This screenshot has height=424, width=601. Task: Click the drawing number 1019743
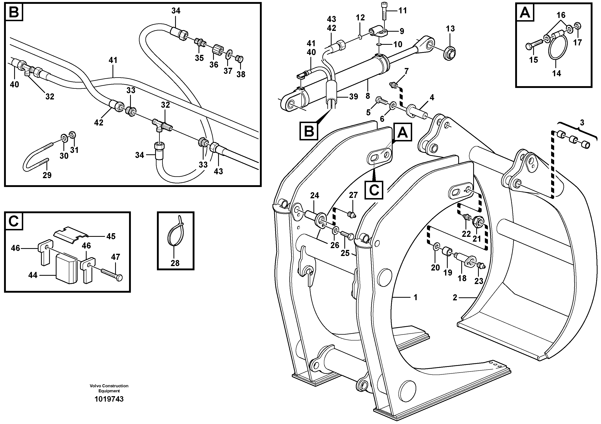pyautogui.click(x=109, y=399)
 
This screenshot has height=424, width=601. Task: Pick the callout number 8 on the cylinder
pyautogui.click(x=368, y=96)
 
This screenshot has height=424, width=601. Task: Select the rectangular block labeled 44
pyautogui.click(x=67, y=269)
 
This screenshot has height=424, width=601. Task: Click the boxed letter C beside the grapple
pyautogui.click(x=374, y=190)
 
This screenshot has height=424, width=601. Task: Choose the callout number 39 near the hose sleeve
pyautogui.click(x=353, y=97)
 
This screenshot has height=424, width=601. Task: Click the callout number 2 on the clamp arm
pyautogui.click(x=455, y=298)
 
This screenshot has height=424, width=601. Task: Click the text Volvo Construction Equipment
pyautogui.click(x=109, y=388)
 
